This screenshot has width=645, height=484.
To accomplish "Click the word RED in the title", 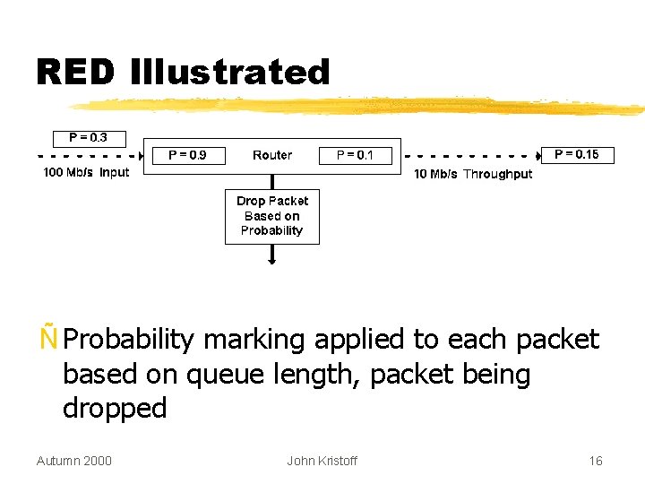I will [x=75, y=73].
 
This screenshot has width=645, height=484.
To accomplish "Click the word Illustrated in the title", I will [x=230, y=73].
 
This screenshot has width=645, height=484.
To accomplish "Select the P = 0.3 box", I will [x=88, y=138].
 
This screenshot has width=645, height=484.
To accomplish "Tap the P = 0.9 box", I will [x=187, y=155].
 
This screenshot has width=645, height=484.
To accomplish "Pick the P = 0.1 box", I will [x=355, y=155].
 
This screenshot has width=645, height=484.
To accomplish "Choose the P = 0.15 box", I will [x=577, y=154].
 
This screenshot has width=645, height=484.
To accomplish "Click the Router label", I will [x=271, y=155].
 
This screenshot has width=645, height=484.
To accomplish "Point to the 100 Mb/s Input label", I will [x=87, y=172].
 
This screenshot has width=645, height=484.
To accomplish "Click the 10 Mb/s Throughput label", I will [x=472, y=174].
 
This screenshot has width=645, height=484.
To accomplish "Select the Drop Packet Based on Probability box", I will [x=271, y=216].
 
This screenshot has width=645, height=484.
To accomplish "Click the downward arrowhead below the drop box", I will [x=272, y=260].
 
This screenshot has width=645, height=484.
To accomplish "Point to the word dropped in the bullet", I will [x=115, y=409].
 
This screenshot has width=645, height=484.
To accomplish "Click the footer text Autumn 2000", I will [x=73, y=461].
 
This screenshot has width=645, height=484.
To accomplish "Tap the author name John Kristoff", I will [x=322, y=461].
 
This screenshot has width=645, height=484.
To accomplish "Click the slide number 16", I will [x=595, y=461].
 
